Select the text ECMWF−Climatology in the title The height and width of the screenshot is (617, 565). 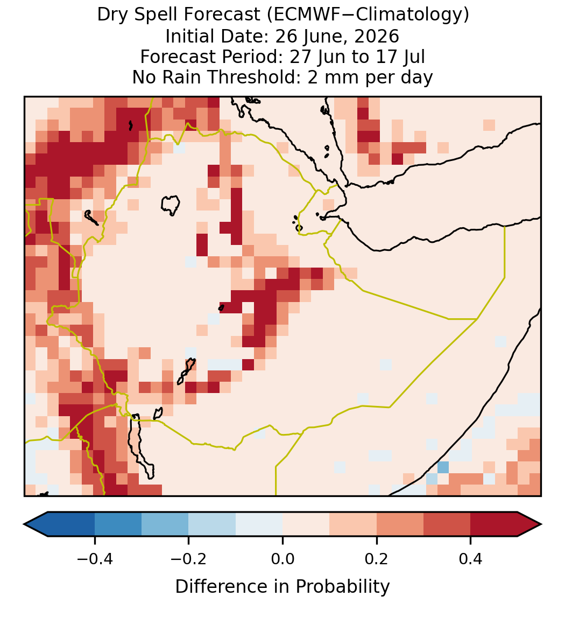(x=367, y=15)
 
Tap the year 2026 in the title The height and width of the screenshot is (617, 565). (x=377, y=36)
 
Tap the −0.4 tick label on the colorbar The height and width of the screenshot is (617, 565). (x=95, y=558)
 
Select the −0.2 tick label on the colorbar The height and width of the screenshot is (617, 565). (x=189, y=558)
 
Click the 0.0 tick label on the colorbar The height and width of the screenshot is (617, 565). (x=282, y=558)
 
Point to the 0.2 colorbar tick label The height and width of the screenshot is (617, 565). (x=377, y=558)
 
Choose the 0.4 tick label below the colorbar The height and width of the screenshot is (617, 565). (x=471, y=558)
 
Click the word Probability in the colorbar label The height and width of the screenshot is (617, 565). (x=342, y=587)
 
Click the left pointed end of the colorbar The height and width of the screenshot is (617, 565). (x=25, y=524)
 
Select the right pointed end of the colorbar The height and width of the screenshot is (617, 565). (x=541, y=524)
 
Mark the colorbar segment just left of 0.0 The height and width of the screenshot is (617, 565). (x=259, y=524)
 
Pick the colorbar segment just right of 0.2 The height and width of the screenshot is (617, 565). (x=400, y=524)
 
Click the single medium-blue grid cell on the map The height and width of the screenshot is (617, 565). (x=443, y=467)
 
